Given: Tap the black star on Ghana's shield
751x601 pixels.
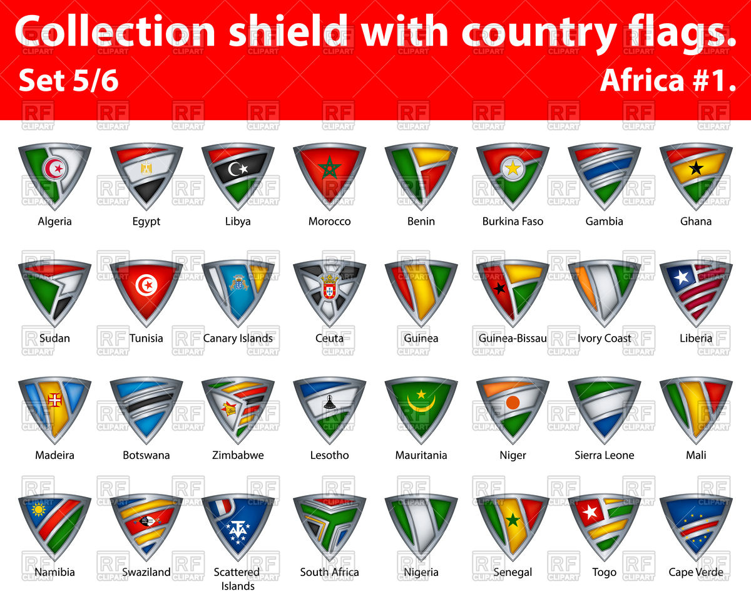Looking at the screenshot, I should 695,167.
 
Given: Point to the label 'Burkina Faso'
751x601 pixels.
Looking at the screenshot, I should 513,222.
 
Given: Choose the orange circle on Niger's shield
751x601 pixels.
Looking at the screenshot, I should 513,403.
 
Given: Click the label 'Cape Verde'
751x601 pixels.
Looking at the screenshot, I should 696,572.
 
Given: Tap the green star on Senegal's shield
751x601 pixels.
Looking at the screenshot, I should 513,520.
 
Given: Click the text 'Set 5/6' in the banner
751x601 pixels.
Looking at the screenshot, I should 69,81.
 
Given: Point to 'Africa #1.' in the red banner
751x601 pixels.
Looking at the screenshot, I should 668,81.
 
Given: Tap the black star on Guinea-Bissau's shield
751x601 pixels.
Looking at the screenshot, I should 499,289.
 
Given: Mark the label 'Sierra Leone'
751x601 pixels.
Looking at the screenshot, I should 605,455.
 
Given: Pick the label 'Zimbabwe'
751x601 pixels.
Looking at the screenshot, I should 238,455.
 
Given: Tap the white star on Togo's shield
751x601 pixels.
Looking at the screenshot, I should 590,511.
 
